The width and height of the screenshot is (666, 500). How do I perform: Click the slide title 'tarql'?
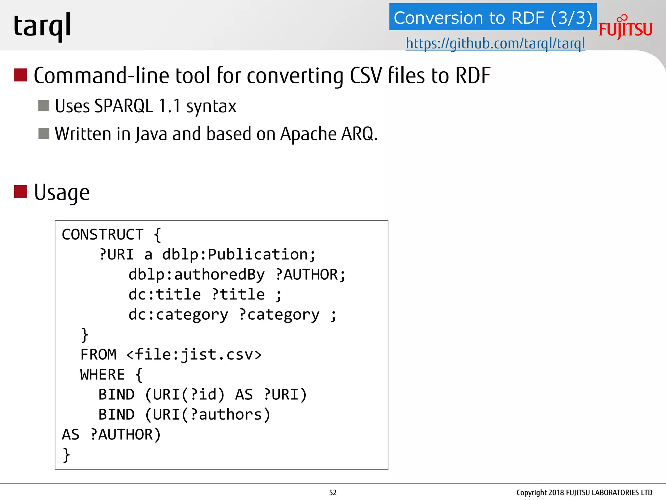point(42,26)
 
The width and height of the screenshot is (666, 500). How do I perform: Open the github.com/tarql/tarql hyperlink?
point(495,43)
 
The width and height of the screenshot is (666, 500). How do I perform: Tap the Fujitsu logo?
point(625,28)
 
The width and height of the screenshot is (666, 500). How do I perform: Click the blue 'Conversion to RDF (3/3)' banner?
point(493,18)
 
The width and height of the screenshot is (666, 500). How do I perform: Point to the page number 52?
point(333,493)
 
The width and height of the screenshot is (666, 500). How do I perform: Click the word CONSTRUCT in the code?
point(102,235)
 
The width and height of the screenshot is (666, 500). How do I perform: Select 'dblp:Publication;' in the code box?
point(239,255)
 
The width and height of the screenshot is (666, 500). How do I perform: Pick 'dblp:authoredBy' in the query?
point(196,275)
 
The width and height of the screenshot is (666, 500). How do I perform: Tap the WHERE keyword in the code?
point(102,375)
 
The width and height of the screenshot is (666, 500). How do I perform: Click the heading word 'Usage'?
point(62,192)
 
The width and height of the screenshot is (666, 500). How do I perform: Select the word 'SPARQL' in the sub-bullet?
point(124,106)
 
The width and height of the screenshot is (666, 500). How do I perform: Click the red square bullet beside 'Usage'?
point(20,192)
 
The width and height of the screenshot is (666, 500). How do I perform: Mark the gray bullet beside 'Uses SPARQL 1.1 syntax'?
point(44,105)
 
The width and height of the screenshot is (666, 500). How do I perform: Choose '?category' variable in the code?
point(279,315)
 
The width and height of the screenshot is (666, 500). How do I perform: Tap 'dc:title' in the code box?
point(165,295)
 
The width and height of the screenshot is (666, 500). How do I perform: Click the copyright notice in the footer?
point(584,493)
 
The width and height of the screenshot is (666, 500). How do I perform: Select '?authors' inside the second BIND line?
point(226,415)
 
